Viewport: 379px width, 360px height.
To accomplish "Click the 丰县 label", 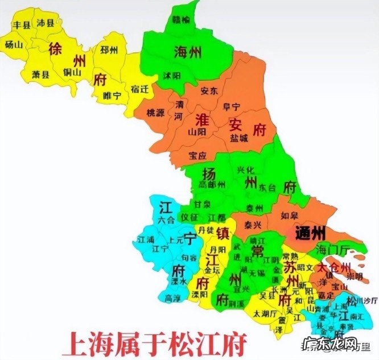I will pos(22,24).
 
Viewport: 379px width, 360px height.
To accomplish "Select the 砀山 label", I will pos(14,44).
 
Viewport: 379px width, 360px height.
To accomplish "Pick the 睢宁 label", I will pos(113,96).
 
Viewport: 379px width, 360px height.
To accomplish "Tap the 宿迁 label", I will pos(139,89).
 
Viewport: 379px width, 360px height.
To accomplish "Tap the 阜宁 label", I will pos(231,106).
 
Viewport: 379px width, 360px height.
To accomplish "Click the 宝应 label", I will pos(199,155).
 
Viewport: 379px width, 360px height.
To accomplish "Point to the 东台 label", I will pos(267,187).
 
